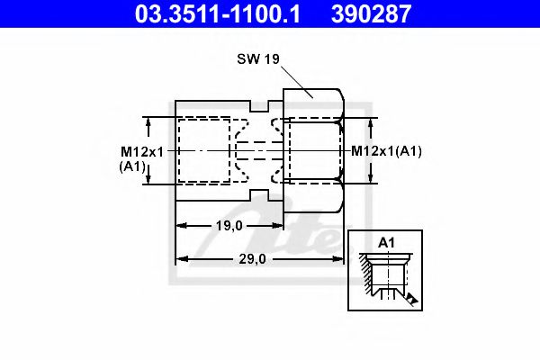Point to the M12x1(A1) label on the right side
tap(386, 150)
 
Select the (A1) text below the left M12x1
tap(132, 166)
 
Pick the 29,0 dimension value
tap(252, 259)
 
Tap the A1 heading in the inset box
tap(387, 243)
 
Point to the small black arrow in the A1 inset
tap(411, 297)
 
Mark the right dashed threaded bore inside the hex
tap(313, 150)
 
